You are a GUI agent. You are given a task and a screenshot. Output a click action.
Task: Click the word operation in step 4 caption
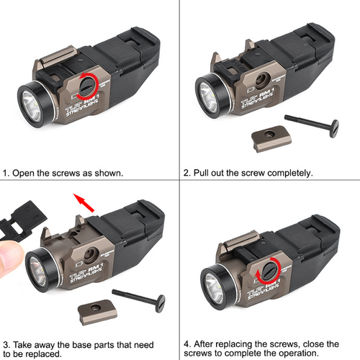point(323,354)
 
